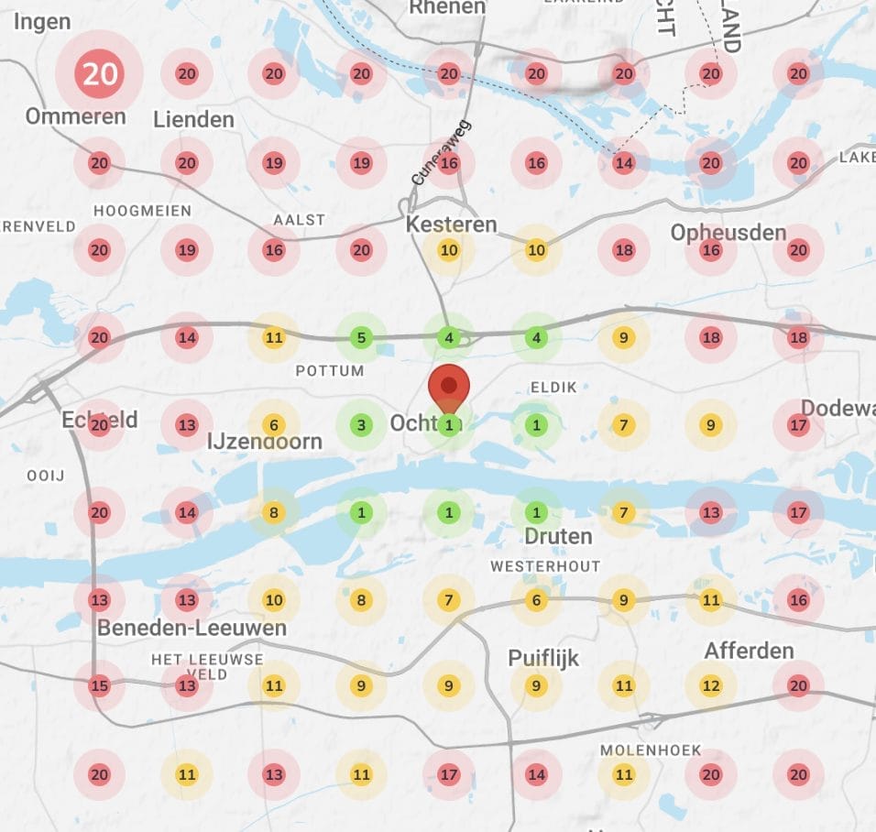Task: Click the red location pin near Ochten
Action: [448, 387]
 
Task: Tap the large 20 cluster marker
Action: [99, 73]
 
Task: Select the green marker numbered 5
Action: [361, 338]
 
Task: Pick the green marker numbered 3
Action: [361, 425]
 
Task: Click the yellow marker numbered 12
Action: [711, 685]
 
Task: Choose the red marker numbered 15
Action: [99, 685]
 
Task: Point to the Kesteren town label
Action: [451, 224]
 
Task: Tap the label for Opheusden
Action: [728, 232]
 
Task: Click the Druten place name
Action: [558, 535]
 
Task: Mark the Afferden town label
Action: [749, 651]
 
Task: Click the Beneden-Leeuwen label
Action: [192, 628]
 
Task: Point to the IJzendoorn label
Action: [265, 442]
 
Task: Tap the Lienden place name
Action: [193, 119]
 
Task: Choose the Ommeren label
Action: [75, 116]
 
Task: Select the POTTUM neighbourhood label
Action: [330, 371]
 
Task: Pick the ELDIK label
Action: [553, 388]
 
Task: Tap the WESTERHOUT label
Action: [545, 566]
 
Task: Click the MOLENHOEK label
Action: [651, 750]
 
